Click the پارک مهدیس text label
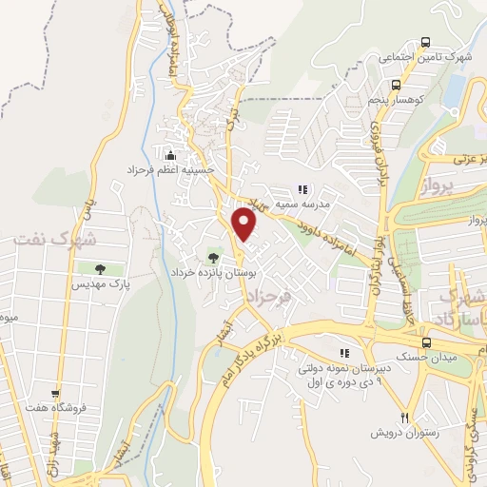pos(100,283)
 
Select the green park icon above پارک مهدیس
pos(100,269)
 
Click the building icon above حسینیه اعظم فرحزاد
pos(171,155)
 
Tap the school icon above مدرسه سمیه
pos(302,189)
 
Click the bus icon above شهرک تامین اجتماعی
pos(425,43)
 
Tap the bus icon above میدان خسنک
pos(425,342)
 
